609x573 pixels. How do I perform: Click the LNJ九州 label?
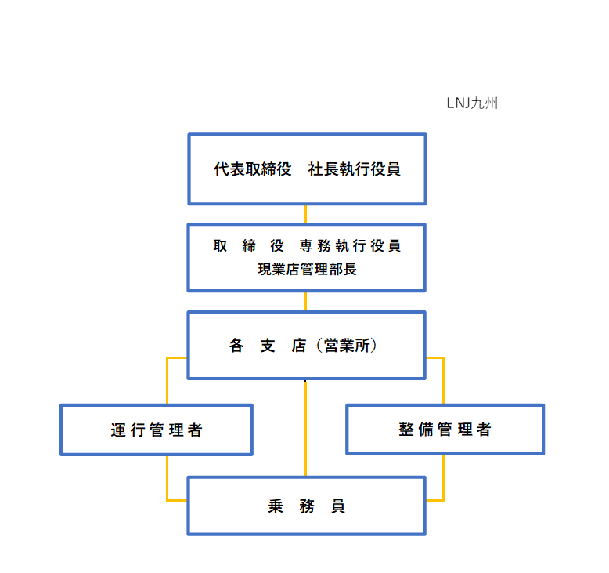(472, 103)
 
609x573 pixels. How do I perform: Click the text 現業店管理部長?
(307, 269)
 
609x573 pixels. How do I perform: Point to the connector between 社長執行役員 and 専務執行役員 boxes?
(305, 214)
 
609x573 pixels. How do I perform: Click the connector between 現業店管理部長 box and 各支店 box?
(305, 302)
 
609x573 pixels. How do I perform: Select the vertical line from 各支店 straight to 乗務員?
(305, 428)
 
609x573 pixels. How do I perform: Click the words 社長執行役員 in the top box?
(355, 169)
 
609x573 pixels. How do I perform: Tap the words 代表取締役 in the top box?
(253, 169)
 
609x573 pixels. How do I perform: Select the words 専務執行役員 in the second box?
(350, 246)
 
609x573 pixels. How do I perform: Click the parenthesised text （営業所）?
(347, 346)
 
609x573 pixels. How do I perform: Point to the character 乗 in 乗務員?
(276, 506)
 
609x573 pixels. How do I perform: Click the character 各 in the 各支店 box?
(236, 346)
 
